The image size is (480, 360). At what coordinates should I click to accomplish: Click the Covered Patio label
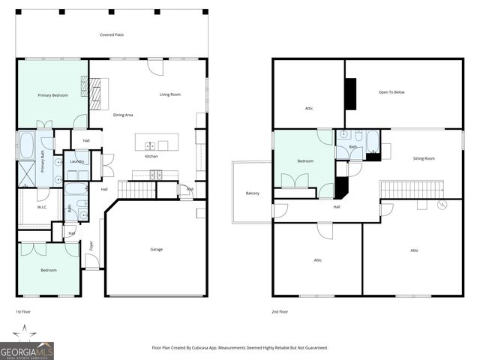(x=111, y=35)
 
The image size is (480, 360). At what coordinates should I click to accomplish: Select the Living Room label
(x=169, y=94)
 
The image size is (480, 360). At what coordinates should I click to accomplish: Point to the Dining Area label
(x=123, y=115)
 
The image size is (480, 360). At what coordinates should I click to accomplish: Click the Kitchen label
(x=151, y=156)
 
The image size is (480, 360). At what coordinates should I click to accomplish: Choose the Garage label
(x=156, y=249)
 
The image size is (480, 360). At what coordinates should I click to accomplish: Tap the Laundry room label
(x=76, y=161)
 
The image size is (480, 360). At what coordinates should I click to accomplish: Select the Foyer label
(x=92, y=244)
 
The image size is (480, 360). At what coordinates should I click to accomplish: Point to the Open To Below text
(x=391, y=92)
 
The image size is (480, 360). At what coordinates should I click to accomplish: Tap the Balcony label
(x=253, y=193)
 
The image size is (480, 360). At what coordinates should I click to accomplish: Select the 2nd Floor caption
(x=280, y=311)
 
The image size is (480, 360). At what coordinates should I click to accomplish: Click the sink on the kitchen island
(x=150, y=145)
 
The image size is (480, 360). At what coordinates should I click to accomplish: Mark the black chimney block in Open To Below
(x=350, y=94)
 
